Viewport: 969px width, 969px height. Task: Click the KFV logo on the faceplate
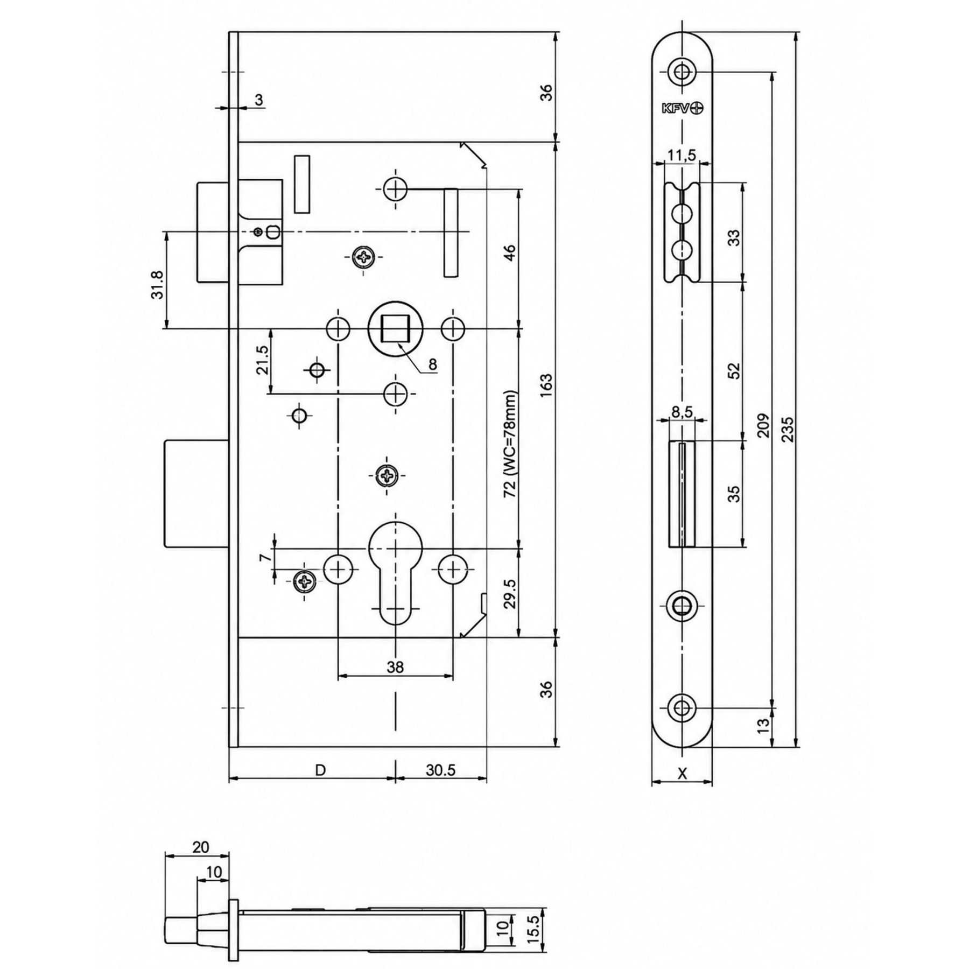point(682,108)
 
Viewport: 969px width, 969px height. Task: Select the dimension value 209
point(763,425)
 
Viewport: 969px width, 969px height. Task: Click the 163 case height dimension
point(546,385)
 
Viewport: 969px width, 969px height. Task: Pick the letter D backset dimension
point(320,770)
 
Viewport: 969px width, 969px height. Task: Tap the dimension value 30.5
point(441,770)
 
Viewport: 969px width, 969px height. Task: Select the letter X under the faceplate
point(682,774)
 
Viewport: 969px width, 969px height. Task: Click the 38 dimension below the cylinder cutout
point(395,668)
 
